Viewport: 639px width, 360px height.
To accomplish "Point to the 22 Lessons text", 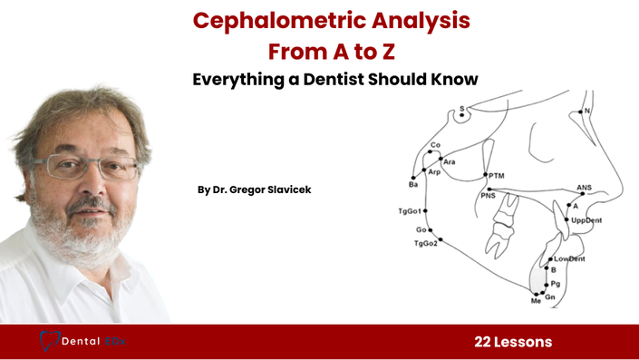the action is pyautogui.click(x=513, y=342).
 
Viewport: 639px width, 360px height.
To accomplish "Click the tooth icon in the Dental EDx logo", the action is pyautogui.click(x=49, y=341).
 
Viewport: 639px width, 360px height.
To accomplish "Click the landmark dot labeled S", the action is pyautogui.click(x=461, y=115).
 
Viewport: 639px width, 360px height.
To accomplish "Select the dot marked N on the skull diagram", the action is pyautogui.click(x=581, y=112).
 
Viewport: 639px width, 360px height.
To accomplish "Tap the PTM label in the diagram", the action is pyautogui.click(x=497, y=176).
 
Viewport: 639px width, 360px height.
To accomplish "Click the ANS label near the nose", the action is pyautogui.click(x=584, y=188).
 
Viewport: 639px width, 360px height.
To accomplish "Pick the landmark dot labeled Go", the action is pyautogui.click(x=431, y=230).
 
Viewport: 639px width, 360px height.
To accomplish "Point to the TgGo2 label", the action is pyautogui.click(x=426, y=243).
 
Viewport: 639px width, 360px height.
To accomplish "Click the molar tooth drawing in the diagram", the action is pyautogui.click(x=501, y=226).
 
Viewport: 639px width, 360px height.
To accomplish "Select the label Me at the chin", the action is pyautogui.click(x=536, y=301).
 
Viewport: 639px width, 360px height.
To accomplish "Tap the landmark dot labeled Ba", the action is pyautogui.click(x=413, y=178).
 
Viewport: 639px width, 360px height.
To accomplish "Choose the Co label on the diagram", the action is pyautogui.click(x=435, y=145).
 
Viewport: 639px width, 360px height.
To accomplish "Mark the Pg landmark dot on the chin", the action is pyautogui.click(x=547, y=285).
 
